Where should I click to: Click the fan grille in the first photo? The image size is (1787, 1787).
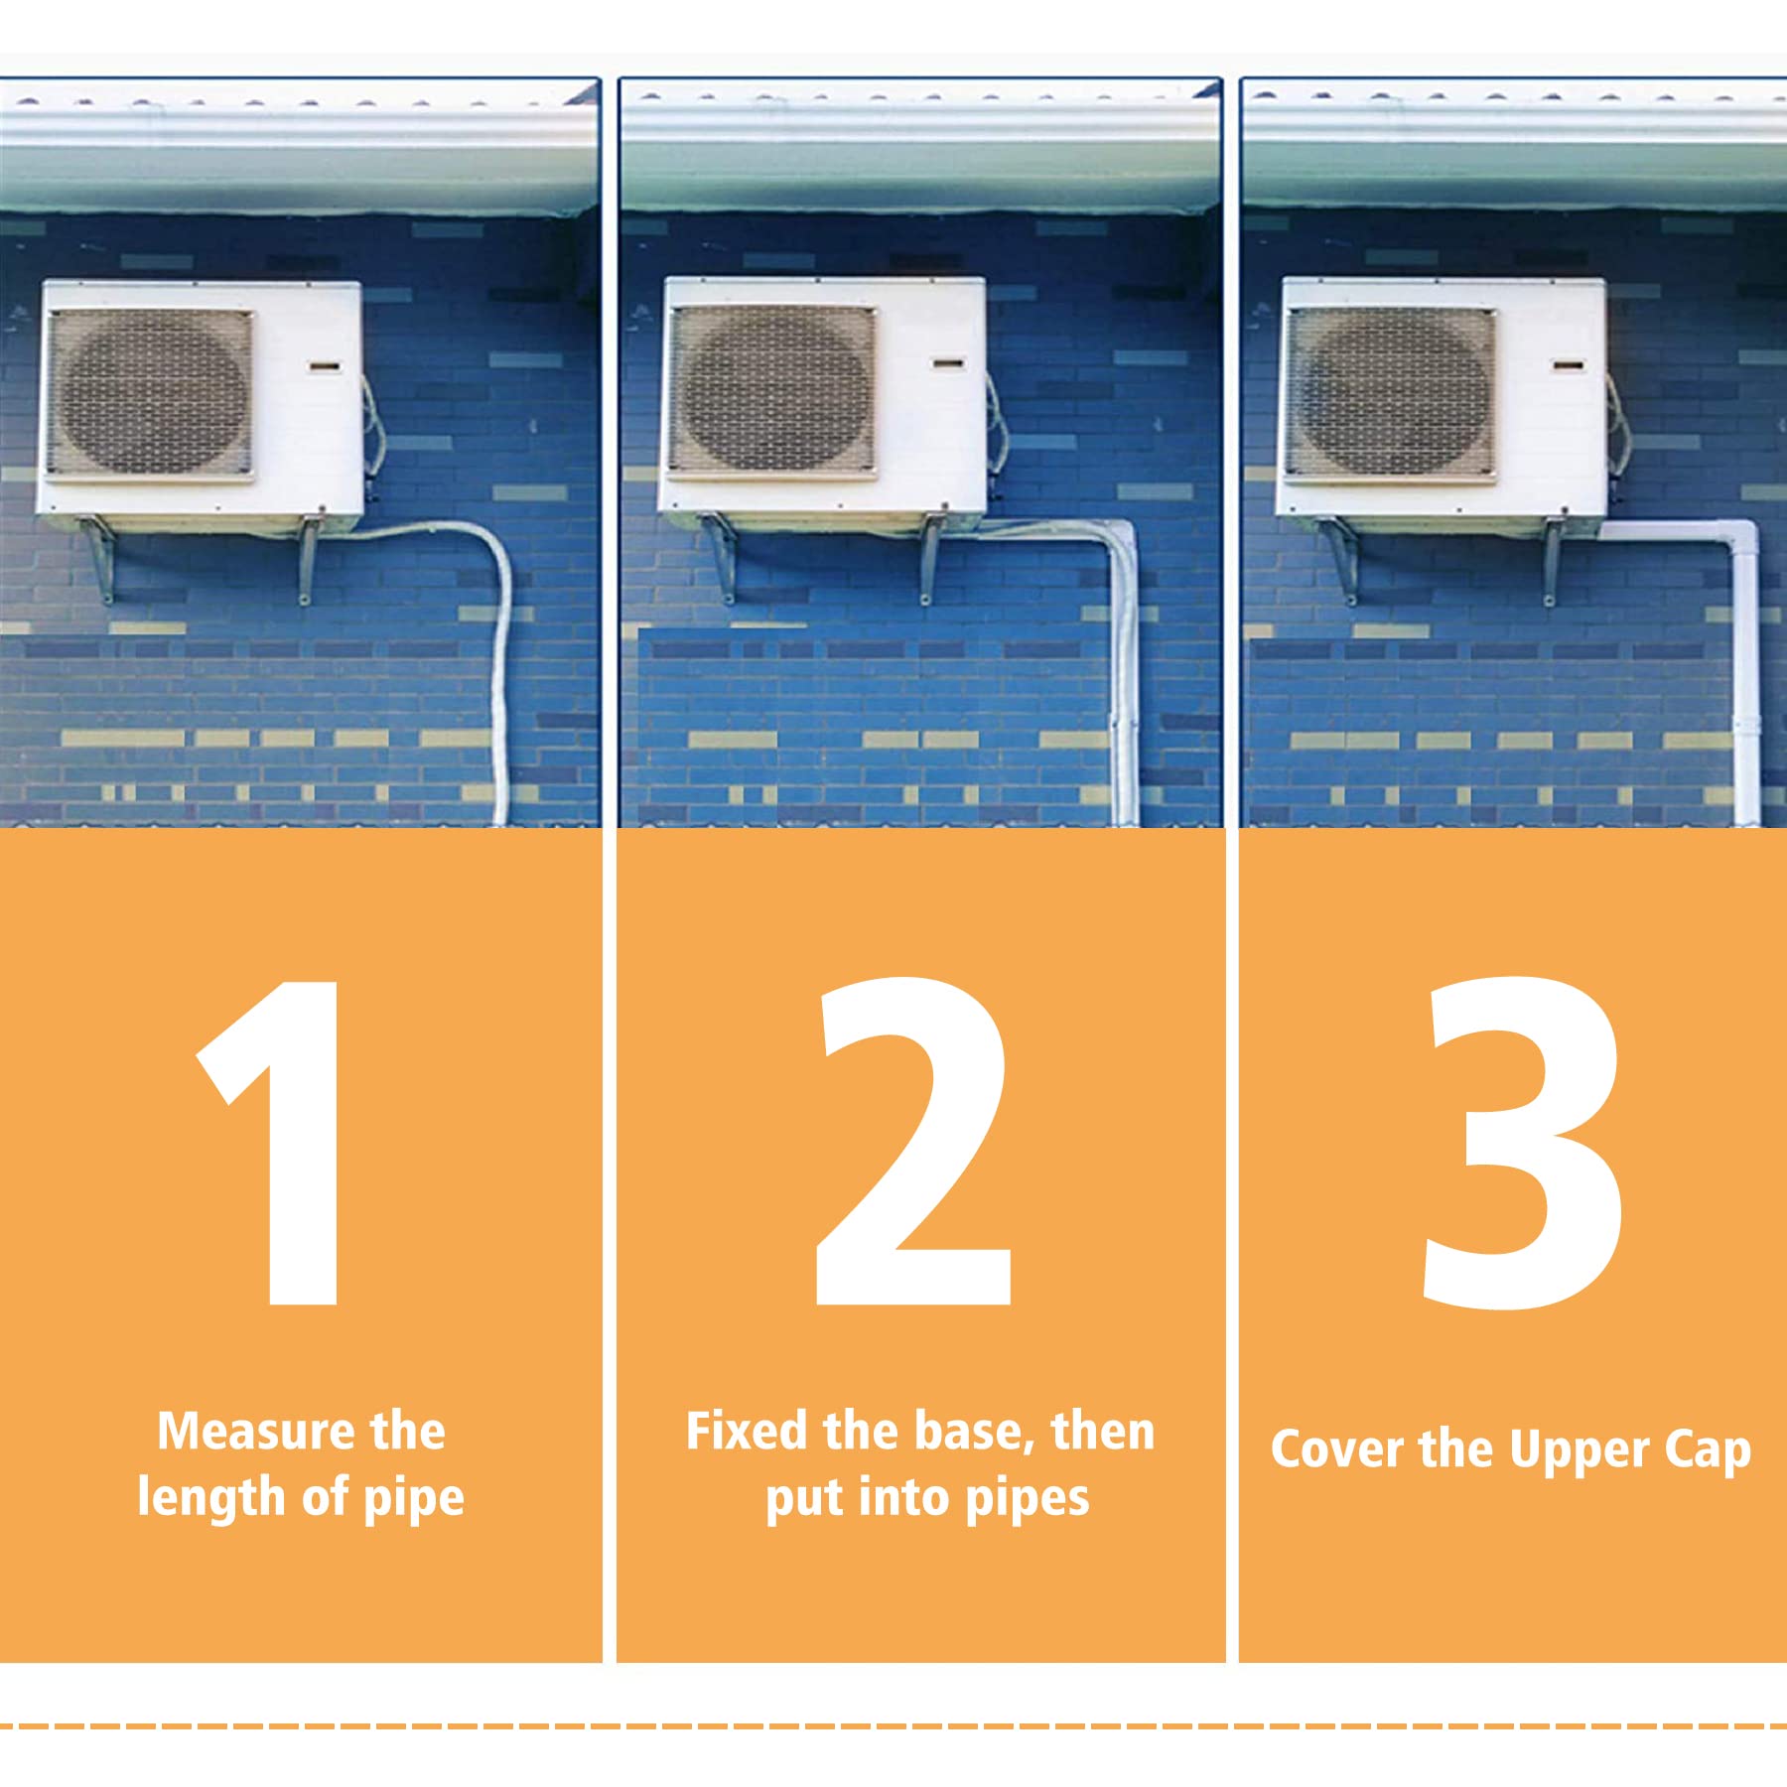click(150, 393)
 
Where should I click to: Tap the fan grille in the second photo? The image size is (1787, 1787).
click(772, 391)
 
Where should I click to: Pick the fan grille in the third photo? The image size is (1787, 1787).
click(1391, 393)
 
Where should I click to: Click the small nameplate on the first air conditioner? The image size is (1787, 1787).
click(325, 367)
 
